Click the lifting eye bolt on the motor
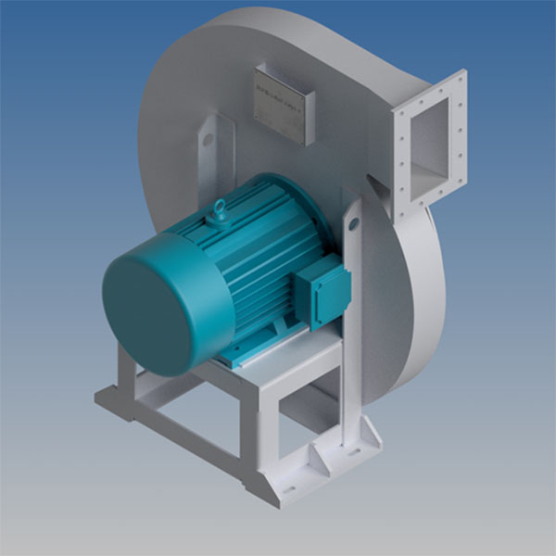(221, 210)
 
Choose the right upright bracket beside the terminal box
(355, 278)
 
